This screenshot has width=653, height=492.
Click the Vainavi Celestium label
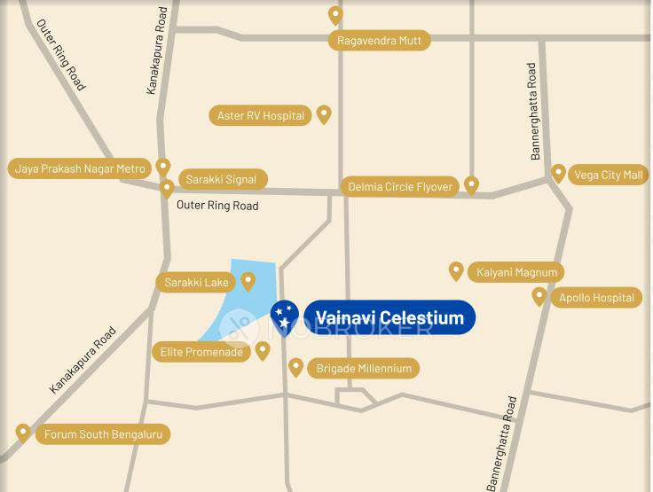tap(389, 317)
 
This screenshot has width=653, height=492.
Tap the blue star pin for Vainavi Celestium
tap(284, 316)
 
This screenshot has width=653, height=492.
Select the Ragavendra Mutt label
tap(379, 40)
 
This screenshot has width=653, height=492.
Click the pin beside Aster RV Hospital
tap(324, 114)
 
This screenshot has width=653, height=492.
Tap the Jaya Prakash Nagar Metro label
tap(80, 168)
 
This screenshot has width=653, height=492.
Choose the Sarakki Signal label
tap(221, 179)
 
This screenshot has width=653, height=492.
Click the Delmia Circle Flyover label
tap(400, 187)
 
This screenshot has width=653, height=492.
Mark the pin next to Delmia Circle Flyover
tap(472, 184)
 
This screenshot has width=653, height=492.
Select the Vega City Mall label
tap(609, 175)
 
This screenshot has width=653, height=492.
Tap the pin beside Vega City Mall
tap(558, 173)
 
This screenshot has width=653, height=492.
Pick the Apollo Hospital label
tap(597, 298)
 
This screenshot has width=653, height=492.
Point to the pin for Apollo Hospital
tap(539, 296)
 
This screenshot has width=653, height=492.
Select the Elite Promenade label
tap(201, 352)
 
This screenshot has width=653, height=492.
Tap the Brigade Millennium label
tap(364, 368)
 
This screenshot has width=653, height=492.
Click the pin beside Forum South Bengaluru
tap(23, 433)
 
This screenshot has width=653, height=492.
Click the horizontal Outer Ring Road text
tap(217, 206)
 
